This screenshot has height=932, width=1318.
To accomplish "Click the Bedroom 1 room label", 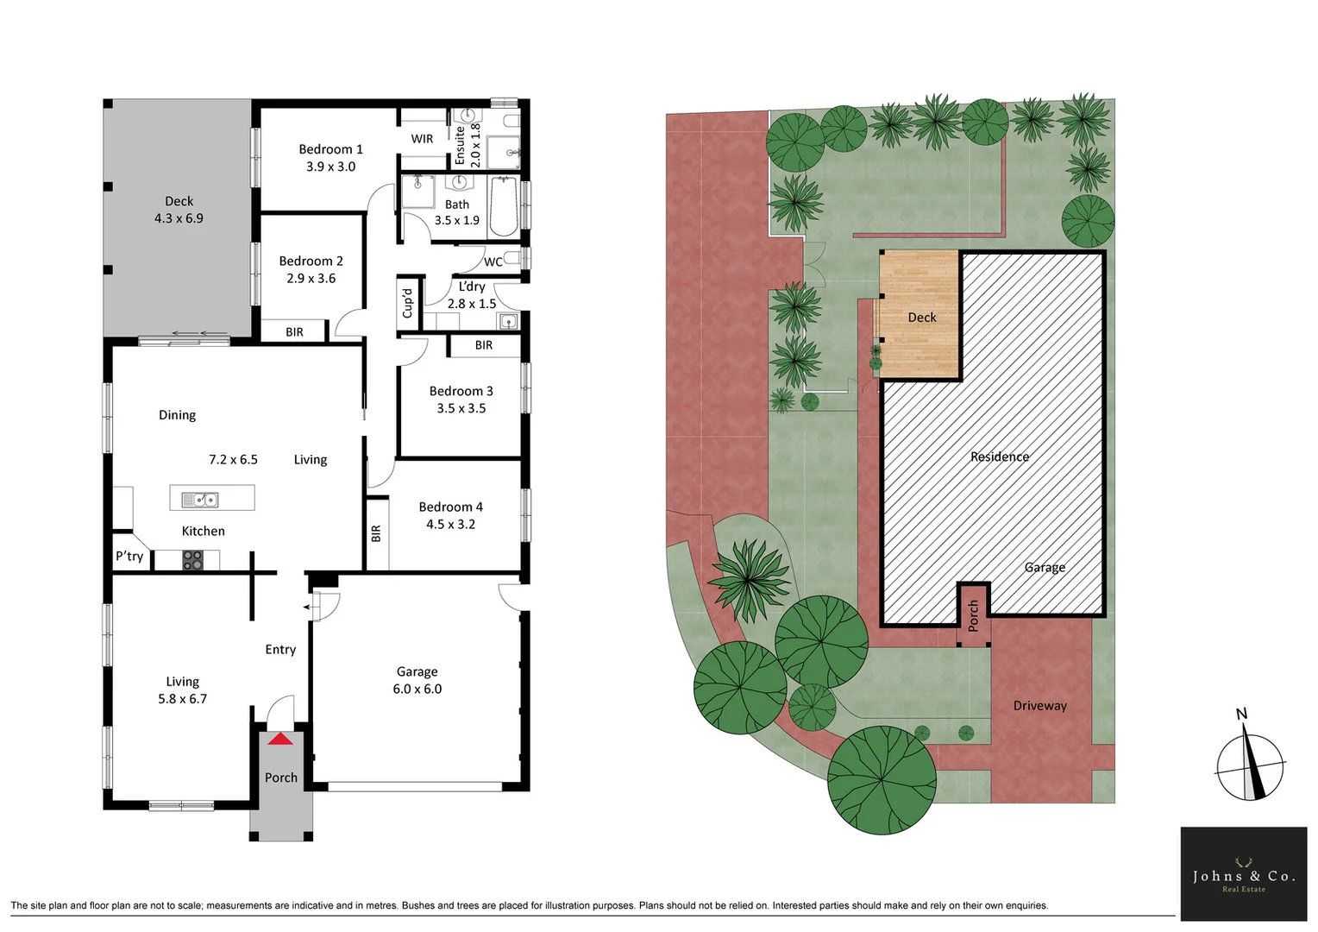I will point(330,149).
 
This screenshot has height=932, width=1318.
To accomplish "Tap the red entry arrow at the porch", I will point(280,739).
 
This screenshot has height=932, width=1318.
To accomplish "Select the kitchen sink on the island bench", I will point(200,499).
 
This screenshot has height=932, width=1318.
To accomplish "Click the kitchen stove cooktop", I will point(192,561).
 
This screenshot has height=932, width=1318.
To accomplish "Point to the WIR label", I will point(422,139).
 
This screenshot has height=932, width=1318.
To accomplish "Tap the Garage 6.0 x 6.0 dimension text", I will point(417,689).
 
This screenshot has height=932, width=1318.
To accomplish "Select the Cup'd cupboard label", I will point(408,303).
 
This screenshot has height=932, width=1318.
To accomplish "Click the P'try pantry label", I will point(129,556).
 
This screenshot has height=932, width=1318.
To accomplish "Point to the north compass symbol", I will point(1250,763).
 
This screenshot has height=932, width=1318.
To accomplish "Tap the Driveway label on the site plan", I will point(1039,705).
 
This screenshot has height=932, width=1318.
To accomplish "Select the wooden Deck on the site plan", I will point(919,316).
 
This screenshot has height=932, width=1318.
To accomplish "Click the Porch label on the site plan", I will point(973,615).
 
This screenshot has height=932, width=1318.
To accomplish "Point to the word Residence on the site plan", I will point(999,457).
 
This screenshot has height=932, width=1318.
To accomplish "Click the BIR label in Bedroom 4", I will point(376,534).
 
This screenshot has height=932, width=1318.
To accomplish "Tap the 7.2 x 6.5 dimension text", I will point(233,459).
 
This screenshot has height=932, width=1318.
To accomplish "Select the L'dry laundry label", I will point(471,287).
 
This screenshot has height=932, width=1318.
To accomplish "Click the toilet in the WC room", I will point(512,257).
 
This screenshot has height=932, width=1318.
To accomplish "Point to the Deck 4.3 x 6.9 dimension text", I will point(179,218).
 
